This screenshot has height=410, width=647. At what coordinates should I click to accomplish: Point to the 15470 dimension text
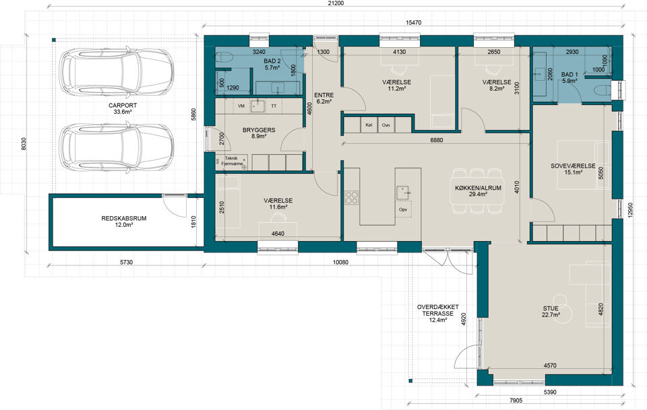[413, 23]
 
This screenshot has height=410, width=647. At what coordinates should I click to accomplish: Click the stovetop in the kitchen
[352, 197]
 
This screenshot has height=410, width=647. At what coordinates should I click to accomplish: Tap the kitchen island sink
[403, 193]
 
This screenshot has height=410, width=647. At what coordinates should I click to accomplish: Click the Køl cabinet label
[369, 125]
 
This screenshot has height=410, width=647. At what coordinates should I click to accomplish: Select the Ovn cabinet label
[386, 125]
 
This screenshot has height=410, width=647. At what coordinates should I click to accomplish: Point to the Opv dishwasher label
[403, 210]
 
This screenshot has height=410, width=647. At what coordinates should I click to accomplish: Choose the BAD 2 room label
[272, 65]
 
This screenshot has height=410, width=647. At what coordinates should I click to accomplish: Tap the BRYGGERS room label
[259, 133]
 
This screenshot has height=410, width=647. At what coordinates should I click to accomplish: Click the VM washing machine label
[241, 106]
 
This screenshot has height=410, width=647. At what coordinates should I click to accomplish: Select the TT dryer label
[274, 106]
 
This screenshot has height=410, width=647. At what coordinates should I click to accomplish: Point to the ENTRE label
[324, 98]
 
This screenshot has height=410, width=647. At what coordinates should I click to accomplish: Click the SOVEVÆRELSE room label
[573, 169]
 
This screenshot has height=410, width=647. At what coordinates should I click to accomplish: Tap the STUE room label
[551, 312]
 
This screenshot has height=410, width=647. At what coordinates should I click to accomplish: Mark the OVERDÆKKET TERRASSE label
[438, 314]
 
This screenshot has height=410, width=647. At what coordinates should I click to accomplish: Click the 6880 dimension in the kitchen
[436, 140]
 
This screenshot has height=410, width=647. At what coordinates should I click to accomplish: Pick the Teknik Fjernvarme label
[230, 161]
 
